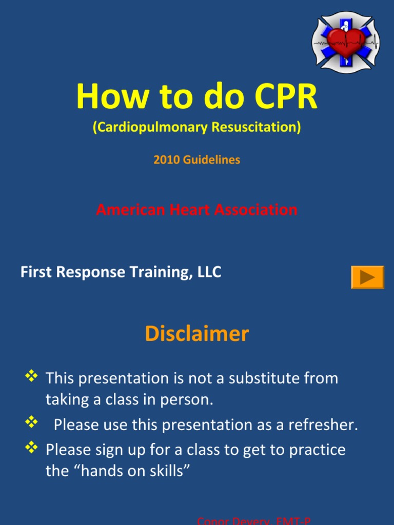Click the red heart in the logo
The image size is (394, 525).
pos(346,42)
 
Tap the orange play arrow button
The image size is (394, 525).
pos(367,277)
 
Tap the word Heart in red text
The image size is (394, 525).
pos(191,210)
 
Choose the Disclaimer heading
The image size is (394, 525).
pos(197,334)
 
